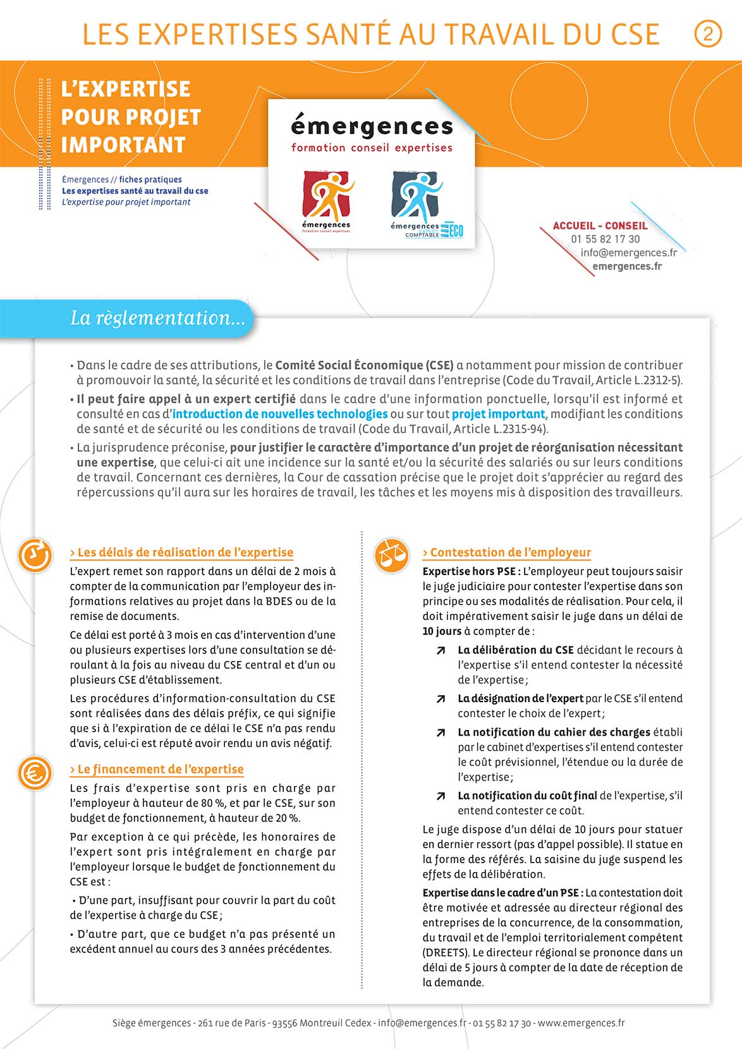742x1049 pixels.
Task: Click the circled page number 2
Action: tap(707, 33)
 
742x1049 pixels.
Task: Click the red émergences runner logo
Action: tap(326, 197)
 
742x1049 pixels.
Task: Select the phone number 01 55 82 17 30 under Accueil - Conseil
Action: tap(605, 239)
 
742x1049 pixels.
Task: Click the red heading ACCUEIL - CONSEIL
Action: tap(600, 226)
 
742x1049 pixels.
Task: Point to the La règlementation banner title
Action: tap(157, 317)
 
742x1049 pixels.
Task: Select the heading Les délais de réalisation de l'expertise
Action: tap(182, 552)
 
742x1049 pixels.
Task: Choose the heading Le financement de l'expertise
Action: tap(157, 769)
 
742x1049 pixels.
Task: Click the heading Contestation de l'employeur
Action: tap(507, 552)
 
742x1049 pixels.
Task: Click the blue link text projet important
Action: tap(498, 414)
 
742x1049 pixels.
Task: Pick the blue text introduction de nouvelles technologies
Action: tap(280, 414)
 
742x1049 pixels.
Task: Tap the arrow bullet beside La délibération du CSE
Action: tap(441, 650)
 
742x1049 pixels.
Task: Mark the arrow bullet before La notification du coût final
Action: tap(441, 796)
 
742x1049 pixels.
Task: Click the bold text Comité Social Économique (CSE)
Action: tap(365, 365)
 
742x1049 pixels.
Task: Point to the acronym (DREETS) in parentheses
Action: tap(446, 952)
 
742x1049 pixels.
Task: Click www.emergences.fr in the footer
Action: tap(581, 1022)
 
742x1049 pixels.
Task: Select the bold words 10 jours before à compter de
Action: tap(442, 631)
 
